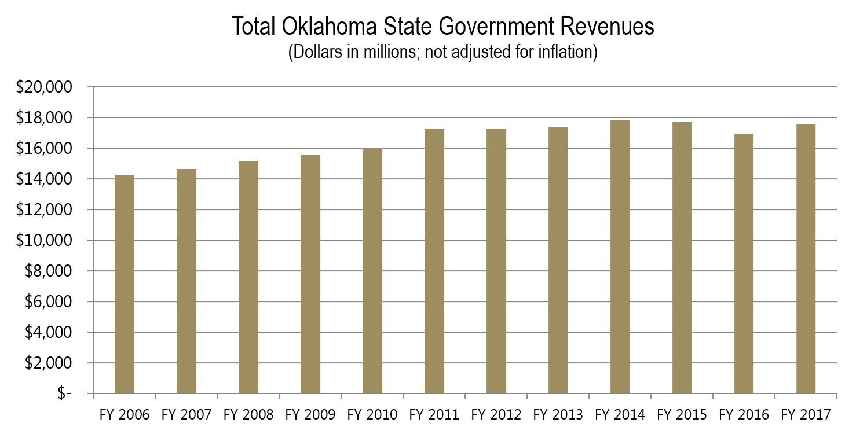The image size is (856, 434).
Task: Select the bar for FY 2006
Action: [x=125, y=284]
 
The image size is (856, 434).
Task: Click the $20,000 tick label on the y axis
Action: [x=43, y=87]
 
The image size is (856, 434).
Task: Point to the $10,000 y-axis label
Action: [x=43, y=241]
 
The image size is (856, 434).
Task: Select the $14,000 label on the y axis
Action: [x=43, y=179]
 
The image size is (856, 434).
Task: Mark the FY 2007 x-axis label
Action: [x=186, y=415]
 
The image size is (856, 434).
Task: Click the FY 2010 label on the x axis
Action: [x=372, y=415]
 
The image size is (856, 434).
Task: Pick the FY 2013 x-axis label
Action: [x=558, y=415]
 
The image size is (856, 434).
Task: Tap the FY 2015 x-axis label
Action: [x=682, y=415]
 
